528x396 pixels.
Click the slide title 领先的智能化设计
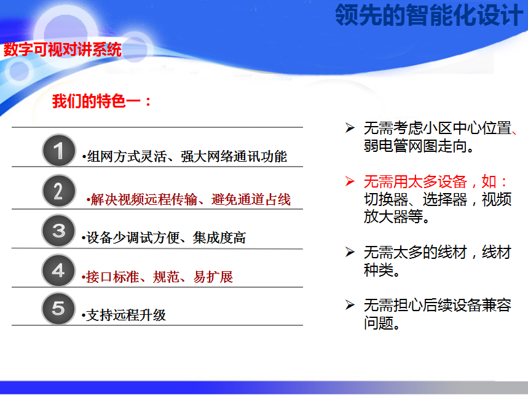(x=428, y=15)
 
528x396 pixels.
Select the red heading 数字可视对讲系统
(x=63, y=49)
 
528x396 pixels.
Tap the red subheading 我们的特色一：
(x=101, y=101)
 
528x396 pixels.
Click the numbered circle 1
(x=59, y=150)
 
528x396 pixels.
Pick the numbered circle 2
(x=59, y=191)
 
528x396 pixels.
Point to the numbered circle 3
(x=58, y=231)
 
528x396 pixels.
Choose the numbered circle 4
(x=58, y=271)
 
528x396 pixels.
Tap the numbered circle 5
(x=58, y=309)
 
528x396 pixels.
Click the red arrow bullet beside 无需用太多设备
(x=350, y=181)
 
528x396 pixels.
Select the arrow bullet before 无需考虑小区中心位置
(x=350, y=128)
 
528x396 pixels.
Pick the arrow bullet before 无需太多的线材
(x=350, y=252)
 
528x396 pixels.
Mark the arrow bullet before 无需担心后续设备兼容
(x=350, y=305)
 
